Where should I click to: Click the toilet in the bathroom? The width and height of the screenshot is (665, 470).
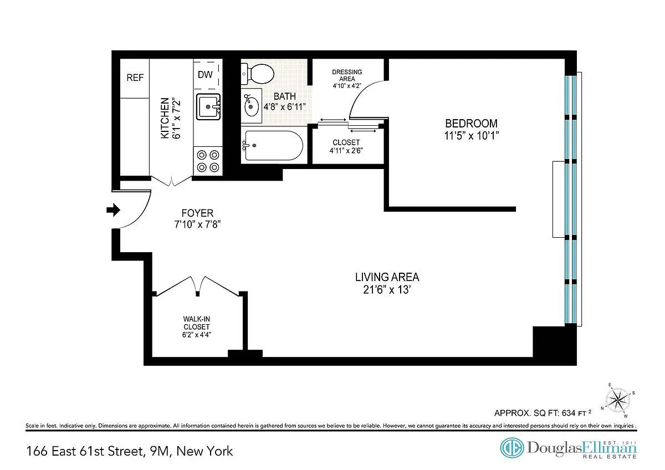click(x=258, y=74)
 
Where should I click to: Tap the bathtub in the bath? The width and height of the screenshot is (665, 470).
click(x=274, y=145)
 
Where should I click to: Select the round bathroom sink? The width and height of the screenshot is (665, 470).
click(x=251, y=106)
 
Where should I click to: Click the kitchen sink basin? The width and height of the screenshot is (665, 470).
click(x=208, y=106)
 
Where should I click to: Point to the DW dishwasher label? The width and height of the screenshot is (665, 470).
click(x=205, y=74)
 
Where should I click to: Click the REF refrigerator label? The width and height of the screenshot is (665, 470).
click(x=135, y=78)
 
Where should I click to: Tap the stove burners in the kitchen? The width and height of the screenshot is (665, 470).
click(x=208, y=161)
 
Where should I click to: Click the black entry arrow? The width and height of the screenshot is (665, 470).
click(x=114, y=210)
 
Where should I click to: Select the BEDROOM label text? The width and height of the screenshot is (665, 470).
click(x=471, y=123)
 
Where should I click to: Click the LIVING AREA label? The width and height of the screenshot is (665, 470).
click(x=387, y=277)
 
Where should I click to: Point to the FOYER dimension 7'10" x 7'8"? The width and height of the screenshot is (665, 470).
click(x=197, y=224)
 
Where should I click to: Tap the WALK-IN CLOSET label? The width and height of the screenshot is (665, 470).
click(x=197, y=323)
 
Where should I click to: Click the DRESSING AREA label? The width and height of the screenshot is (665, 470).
click(x=347, y=75)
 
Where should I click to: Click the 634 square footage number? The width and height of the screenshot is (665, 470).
click(x=567, y=413)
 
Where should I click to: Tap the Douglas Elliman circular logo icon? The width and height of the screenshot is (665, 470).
click(x=512, y=448)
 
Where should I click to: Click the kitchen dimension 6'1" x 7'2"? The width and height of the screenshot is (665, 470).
click(x=176, y=118)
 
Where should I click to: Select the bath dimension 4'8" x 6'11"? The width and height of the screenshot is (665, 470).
click(x=285, y=106)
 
